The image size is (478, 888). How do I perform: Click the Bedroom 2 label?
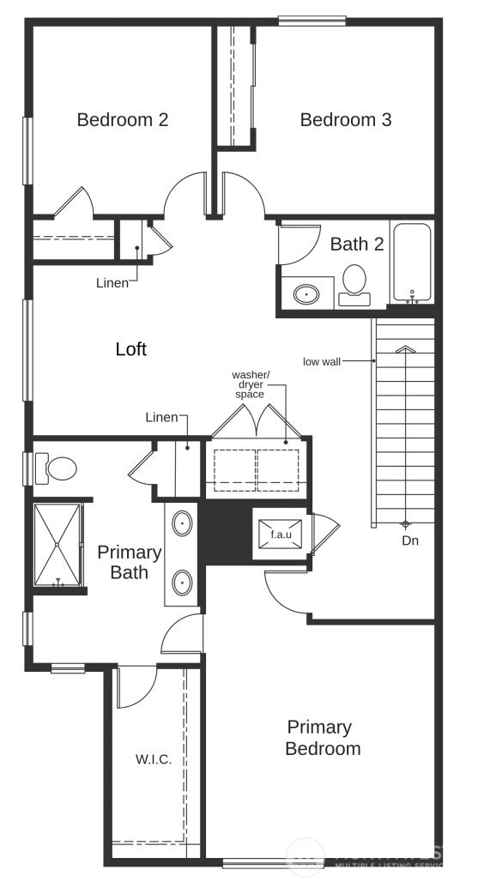click(122, 120)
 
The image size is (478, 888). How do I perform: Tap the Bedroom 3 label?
click(345, 120)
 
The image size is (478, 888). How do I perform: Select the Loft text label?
click(130, 349)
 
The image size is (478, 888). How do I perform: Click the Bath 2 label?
click(357, 244)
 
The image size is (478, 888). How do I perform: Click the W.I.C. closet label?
click(153, 759)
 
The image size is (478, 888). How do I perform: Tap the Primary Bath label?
click(129, 562)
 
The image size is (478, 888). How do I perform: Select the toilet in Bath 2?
click(354, 283)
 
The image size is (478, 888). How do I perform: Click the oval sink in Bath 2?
click(306, 294)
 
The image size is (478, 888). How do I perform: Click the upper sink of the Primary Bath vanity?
click(182, 523)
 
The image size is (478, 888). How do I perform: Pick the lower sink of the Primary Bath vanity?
click(182, 583)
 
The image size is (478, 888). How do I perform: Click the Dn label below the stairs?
click(410, 541)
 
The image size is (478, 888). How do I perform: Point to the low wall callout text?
click(322, 361)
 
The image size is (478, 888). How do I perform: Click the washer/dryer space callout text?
click(251, 384)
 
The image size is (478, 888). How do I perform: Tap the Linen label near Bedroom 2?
click(112, 282)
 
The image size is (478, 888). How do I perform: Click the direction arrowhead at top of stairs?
click(404, 349)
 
